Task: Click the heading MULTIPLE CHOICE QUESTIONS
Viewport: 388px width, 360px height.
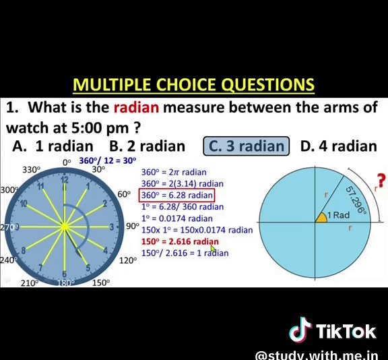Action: click(x=193, y=85)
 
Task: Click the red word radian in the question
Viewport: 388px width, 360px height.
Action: click(x=136, y=107)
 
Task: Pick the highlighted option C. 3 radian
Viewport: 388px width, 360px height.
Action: click(x=246, y=146)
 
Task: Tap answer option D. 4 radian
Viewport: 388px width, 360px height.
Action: click(x=338, y=146)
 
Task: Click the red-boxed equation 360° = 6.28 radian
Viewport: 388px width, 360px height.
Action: click(x=177, y=196)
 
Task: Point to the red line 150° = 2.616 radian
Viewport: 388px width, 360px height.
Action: click(x=180, y=241)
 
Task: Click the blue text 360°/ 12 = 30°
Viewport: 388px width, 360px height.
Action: click(x=108, y=160)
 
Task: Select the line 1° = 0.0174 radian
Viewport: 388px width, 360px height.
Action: click(x=176, y=218)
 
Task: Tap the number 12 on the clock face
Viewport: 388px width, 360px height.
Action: click(x=65, y=180)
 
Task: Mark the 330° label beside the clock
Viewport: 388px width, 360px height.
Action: click(x=31, y=171)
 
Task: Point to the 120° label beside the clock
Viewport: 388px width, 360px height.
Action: click(x=128, y=260)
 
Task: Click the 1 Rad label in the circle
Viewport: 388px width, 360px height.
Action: click(x=338, y=215)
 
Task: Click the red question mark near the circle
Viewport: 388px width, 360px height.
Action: click(x=381, y=180)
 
